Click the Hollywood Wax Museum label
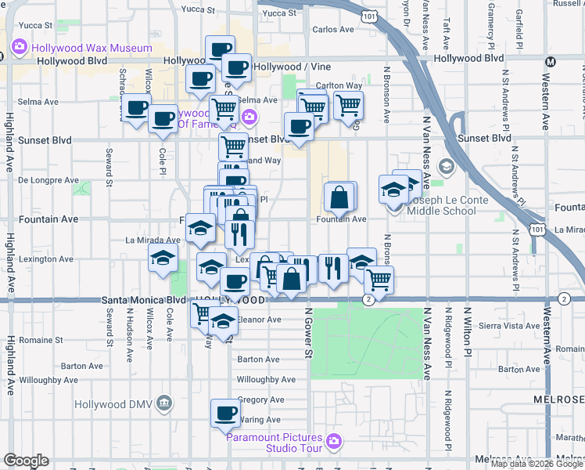(x=92, y=48)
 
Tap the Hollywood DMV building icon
(x=163, y=403)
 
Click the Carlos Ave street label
(x=333, y=30)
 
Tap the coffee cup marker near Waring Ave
(x=225, y=413)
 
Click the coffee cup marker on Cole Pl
(x=163, y=119)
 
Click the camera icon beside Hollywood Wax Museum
(x=18, y=47)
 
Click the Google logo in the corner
(x=26, y=461)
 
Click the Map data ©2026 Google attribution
(x=537, y=464)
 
